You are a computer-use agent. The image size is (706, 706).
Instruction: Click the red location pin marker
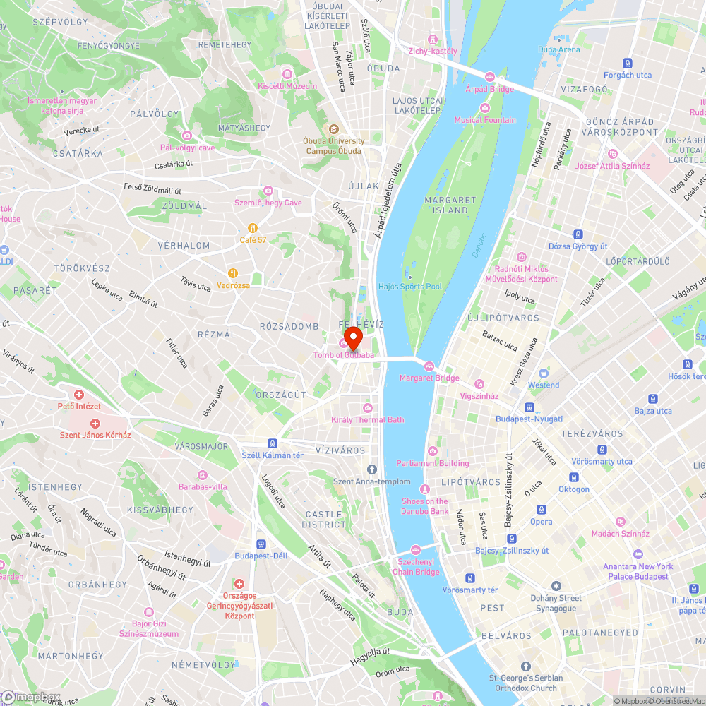(352, 336)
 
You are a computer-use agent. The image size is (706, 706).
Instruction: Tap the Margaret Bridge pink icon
(429, 366)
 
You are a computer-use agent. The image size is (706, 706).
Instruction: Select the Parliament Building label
(432, 463)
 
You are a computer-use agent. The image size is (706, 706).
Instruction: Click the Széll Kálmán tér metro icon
(273, 443)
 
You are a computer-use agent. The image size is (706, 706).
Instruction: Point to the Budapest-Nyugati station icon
(529, 407)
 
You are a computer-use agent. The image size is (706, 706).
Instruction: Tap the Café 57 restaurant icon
(252, 228)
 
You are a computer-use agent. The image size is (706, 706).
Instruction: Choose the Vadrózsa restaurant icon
(232, 273)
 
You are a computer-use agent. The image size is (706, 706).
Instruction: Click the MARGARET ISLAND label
(446, 205)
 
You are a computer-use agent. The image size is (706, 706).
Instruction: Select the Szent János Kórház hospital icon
(95, 423)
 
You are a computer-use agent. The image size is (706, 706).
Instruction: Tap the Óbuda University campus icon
(333, 129)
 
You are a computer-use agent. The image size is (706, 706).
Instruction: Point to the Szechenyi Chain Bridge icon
(416, 550)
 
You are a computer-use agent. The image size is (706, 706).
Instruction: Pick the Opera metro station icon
(542, 510)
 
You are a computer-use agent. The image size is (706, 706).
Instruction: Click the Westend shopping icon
(543, 373)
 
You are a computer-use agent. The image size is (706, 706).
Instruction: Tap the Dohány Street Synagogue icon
(556, 586)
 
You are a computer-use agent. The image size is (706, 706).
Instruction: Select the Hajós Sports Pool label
(410, 287)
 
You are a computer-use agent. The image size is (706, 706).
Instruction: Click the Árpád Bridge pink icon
(489, 76)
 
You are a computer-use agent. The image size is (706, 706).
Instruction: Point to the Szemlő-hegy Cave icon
(268, 191)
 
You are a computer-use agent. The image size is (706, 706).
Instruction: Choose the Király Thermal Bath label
(368, 420)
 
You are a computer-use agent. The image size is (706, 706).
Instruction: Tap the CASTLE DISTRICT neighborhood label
(325, 520)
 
